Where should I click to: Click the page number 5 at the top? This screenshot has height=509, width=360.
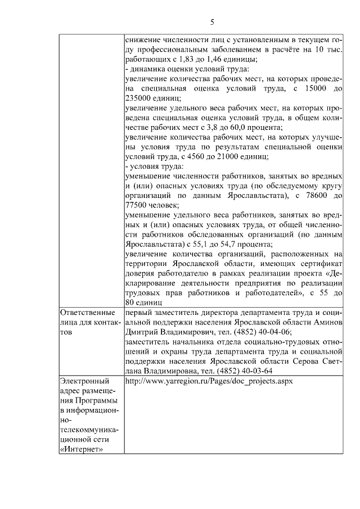pos(212,22)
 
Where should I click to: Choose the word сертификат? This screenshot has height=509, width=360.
pos(317,264)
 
